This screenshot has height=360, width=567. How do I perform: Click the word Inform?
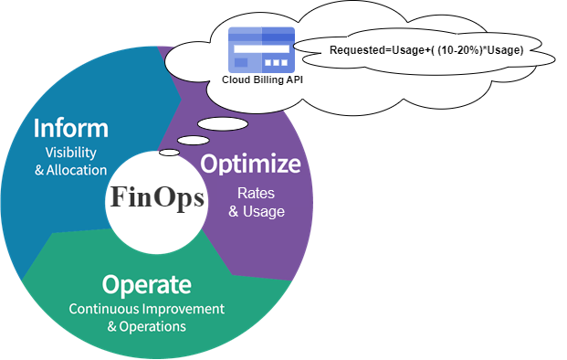coord(71,128)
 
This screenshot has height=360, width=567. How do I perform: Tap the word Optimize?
coord(250,164)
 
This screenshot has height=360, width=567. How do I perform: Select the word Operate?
coord(146,285)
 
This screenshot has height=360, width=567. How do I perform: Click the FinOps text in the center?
coord(157,198)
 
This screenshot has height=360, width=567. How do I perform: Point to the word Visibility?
coord(71,153)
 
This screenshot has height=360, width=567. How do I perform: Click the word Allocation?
coord(77,170)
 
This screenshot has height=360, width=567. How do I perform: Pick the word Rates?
coord(256,193)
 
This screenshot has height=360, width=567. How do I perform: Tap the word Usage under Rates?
coord(264,212)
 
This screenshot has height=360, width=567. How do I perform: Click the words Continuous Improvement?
coord(146,309)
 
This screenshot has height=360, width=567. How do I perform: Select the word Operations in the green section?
coord(152,327)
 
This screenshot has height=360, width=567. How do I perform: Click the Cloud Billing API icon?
coord(261,50)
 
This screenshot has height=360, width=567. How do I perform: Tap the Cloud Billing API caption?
coord(262,79)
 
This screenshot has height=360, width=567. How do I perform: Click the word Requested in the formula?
coord(357,50)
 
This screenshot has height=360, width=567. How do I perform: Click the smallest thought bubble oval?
coord(169,153)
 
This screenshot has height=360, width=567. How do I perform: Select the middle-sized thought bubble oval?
coord(194,141)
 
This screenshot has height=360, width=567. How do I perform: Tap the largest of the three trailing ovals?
coord(223,124)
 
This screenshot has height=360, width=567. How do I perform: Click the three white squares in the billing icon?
coord(277,63)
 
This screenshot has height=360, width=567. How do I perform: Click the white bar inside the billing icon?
coord(261,48)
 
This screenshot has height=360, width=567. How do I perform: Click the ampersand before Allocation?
coord(39,171)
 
